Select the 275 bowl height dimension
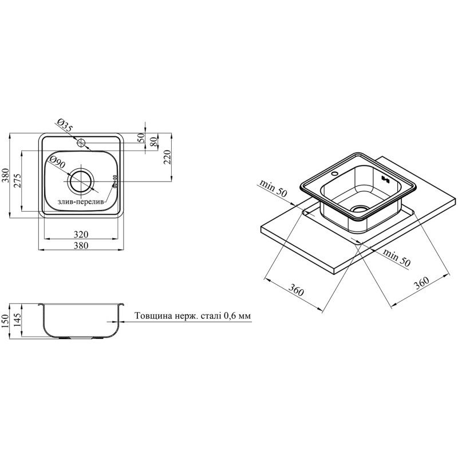pos(17,181)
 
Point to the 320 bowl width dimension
pos(81,234)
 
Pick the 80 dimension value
pos(153,141)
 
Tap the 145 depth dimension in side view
pos(18,321)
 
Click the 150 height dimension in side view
pos(5,322)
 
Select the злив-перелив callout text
pos(81,202)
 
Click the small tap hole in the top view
pos(81,143)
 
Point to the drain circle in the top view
pos(81,181)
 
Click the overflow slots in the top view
pos(115,181)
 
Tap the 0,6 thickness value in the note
pos(230,316)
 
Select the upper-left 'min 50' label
pos(274,189)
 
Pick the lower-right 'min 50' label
pos(396,257)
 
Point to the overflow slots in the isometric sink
pos(385,179)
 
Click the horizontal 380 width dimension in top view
pos(81,246)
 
